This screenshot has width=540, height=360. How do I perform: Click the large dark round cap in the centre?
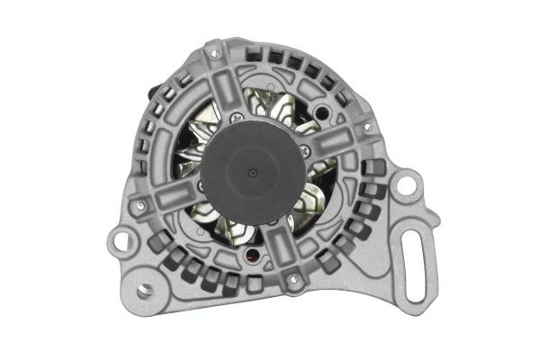point(252,172)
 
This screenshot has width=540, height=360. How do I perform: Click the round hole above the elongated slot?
point(406,187)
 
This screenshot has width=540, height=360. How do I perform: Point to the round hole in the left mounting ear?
point(118,242)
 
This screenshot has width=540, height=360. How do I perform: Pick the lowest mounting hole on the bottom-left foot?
point(143,290)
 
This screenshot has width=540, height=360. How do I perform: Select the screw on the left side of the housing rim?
point(139,205)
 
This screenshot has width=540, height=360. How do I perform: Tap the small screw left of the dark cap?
point(198,184)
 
